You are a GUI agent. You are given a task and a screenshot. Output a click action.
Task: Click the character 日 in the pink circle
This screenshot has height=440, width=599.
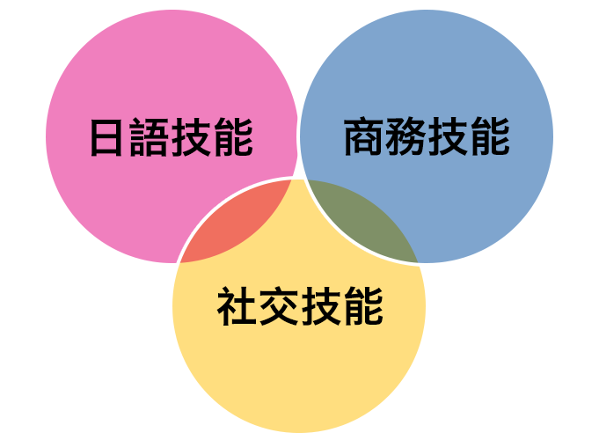coord(106,137)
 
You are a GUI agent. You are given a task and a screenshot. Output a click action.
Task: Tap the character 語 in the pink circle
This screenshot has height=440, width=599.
coord(149,137)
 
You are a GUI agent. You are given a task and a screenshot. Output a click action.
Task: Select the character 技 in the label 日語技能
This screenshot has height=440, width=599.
coord(191,137)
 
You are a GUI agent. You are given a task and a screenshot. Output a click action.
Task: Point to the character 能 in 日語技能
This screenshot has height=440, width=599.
coord(233,137)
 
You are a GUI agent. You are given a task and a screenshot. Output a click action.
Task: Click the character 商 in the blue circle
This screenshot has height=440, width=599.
coord(363,137)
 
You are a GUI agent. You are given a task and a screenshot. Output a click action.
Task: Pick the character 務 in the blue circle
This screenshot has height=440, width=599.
coord(405,137)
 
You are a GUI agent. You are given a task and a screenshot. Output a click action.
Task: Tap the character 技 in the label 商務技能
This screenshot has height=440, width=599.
coord(448,137)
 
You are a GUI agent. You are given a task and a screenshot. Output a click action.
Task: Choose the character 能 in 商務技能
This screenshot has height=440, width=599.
coord(491,137)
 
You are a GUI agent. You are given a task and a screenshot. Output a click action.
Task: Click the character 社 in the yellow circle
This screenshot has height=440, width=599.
coord(237,306)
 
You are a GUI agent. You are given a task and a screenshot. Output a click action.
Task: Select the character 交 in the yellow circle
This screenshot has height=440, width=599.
coord(279,306)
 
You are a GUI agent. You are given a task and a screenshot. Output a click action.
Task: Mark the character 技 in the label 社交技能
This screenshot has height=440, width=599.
coord(321,306)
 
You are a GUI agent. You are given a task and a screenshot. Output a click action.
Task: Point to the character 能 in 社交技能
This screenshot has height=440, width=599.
coord(363,306)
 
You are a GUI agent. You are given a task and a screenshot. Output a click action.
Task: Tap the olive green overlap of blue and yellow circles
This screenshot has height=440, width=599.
coord(363,222)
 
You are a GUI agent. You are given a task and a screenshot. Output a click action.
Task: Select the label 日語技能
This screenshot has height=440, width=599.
coord(172,137)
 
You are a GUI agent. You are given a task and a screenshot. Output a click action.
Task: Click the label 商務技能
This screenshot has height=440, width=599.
coord(427,137)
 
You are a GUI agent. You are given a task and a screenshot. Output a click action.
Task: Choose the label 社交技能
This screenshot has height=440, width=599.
coord(300,306)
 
